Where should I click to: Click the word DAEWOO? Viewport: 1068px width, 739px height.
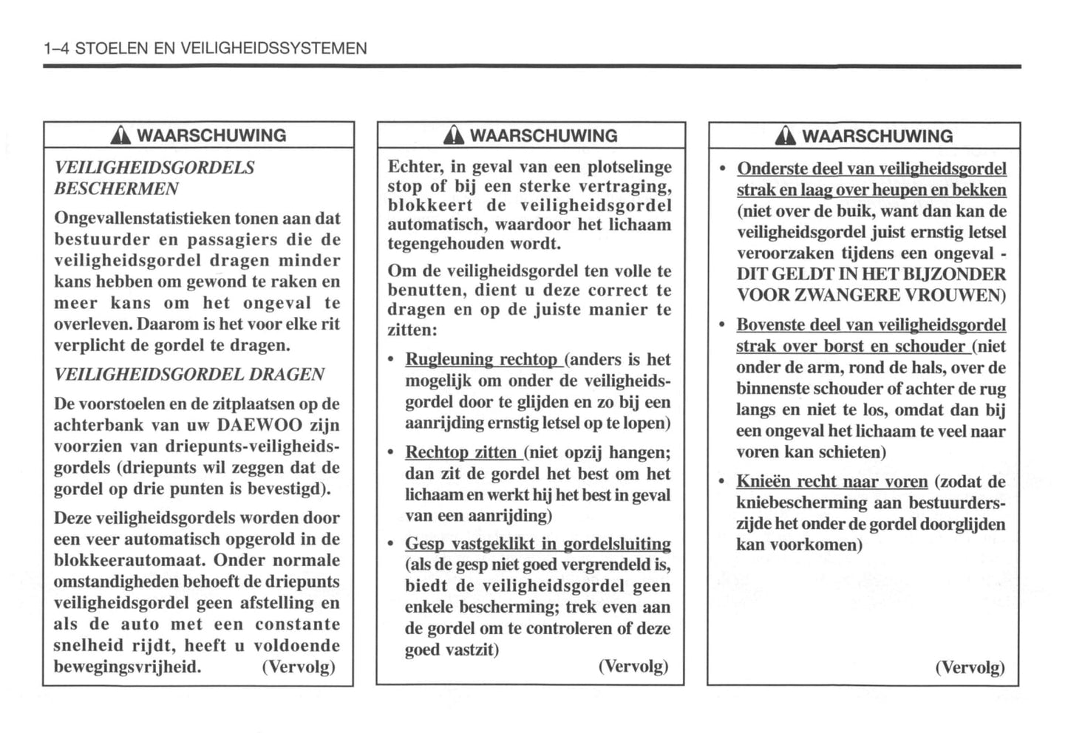coord(259,426)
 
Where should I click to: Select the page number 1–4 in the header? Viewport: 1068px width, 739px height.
coord(57,49)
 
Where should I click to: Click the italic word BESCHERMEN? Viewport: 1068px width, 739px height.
coord(116,188)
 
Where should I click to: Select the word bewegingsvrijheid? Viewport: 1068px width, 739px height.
coord(126,667)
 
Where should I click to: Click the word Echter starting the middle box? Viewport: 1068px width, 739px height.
coord(415,167)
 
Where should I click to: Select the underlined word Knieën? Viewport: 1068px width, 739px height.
coord(763,482)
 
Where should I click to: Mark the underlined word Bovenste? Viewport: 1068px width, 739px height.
coord(770,325)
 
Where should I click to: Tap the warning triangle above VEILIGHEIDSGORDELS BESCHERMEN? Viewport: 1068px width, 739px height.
coord(120,136)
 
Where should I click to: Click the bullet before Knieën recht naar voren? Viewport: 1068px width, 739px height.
coord(722,482)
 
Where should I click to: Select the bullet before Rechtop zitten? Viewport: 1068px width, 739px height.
coord(391,453)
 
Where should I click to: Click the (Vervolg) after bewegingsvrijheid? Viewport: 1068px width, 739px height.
coord(298,667)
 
